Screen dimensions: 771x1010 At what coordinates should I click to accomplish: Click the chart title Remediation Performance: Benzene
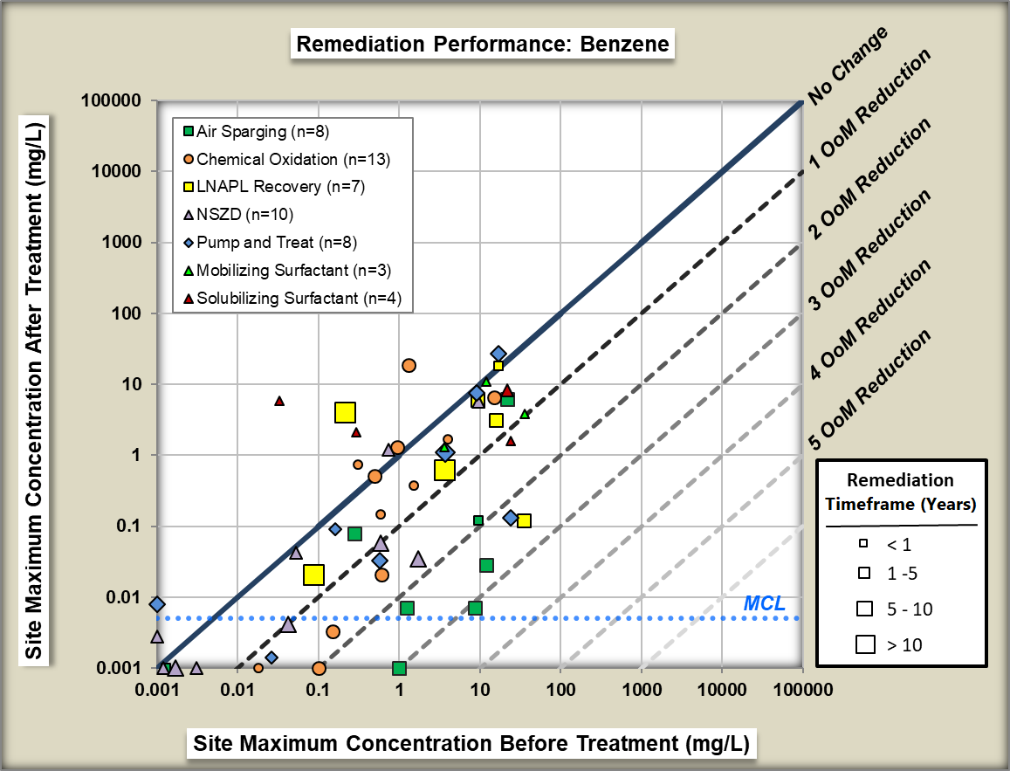coord(484,44)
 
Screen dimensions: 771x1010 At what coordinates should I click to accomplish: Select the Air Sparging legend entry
coord(262,132)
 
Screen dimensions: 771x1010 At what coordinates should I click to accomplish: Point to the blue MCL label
coord(765,603)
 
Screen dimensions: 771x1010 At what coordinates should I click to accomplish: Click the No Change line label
coord(848,66)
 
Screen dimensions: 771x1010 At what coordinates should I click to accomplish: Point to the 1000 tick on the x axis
coord(641,688)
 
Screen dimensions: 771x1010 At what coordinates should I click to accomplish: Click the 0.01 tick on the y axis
coord(126,597)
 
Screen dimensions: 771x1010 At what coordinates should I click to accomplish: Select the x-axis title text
coord(471,744)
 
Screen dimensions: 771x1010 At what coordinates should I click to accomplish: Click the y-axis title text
coord(34,384)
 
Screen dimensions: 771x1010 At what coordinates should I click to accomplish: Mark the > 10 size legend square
coord(866,644)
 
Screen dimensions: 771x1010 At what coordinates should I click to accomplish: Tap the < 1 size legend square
coord(863,543)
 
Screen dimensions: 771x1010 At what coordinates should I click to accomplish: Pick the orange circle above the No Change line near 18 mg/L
coord(409,365)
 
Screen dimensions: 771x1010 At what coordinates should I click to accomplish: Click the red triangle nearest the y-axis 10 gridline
coord(279,401)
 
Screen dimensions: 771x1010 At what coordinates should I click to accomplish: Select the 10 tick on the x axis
coord(479,688)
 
